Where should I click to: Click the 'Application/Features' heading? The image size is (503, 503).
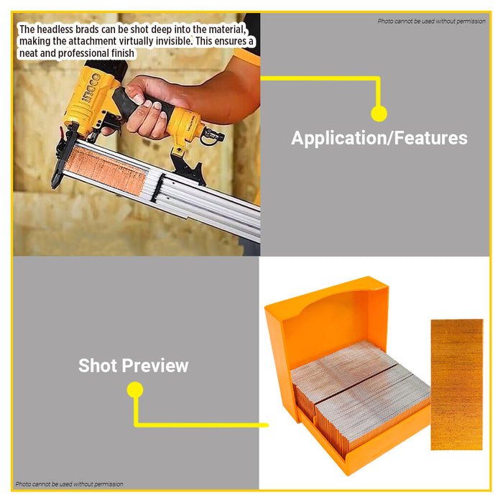coord(379,138)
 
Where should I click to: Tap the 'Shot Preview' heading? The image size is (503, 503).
coord(133,365)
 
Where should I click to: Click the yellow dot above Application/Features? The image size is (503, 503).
coord(379,114)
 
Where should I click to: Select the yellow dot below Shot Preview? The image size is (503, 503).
coord(135,389)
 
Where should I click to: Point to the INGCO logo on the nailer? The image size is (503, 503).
coord(91,89)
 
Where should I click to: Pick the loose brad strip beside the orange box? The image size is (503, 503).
coord(457,384)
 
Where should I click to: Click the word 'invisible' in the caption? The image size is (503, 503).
coord(173,41)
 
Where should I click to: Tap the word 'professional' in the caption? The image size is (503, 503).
coord(84,53)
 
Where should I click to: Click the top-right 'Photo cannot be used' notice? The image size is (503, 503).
coord(431,21)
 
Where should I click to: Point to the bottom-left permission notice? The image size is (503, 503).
coord(69,484)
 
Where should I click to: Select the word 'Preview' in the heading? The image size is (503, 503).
coord(155,365)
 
